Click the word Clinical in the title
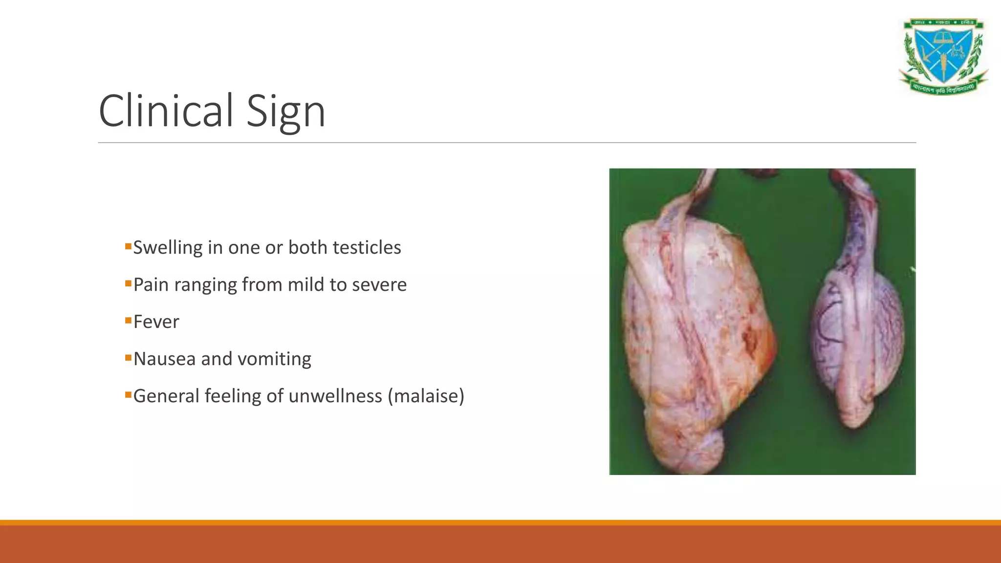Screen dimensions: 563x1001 click(x=166, y=111)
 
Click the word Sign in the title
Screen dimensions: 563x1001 click(x=285, y=112)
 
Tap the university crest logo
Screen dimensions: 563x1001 click(x=943, y=57)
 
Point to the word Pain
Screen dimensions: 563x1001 click(x=151, y=285)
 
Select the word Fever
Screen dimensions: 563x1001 click(x=156, y=322)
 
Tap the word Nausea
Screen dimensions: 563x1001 click(x=165, y=359)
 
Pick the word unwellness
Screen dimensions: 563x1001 click(x=335, y=396)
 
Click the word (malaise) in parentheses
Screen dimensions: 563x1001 click(x=426, y=396)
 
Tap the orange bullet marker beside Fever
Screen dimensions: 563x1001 click(x=128, y=321)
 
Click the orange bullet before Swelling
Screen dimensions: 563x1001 click(x=128, y=246)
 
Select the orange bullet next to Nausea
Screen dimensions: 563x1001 click(x=128, y=358)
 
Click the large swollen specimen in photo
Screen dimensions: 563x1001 click(x=694, y=342)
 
